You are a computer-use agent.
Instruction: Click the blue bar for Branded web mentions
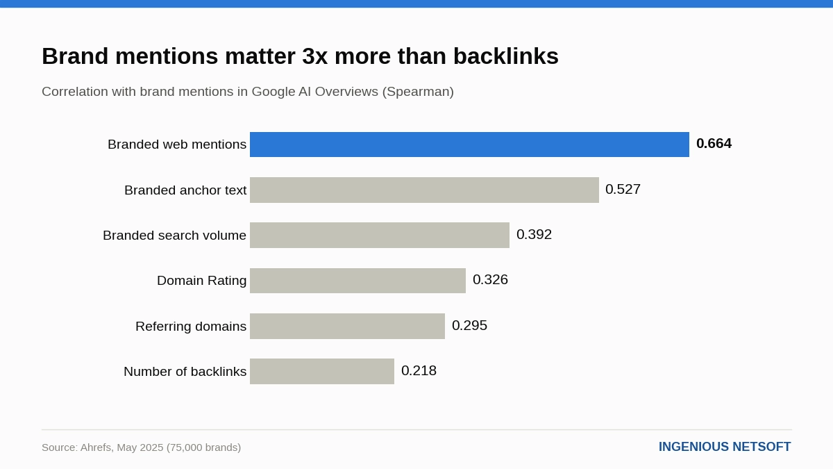(469, 145)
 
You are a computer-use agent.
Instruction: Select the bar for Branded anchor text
(424, 190)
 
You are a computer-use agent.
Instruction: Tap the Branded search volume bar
(380, 236)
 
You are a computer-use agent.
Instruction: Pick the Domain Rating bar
(357, 281)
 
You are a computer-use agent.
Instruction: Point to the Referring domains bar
(347, 326)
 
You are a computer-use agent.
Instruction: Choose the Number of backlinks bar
(322, 372)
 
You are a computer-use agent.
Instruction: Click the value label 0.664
(714, 143)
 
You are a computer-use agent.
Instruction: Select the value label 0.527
(623, 189)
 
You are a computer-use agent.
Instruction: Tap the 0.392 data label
(534, 235)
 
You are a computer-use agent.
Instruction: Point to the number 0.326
(490, 279)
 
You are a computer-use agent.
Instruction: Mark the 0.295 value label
(469, 325)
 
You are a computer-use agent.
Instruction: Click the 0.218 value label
(419, 371)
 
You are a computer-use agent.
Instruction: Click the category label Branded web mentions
(177, 145)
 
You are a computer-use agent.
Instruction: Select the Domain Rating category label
(201, 281)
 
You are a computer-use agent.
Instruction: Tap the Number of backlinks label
(185, 372)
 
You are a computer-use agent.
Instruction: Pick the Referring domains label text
(191, 327)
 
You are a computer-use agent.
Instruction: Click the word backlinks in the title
(506, 56)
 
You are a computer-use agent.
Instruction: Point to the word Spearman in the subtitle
(418, 92)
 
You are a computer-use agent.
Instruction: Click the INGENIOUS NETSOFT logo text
(725, 447)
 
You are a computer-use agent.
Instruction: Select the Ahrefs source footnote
(142, 447)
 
